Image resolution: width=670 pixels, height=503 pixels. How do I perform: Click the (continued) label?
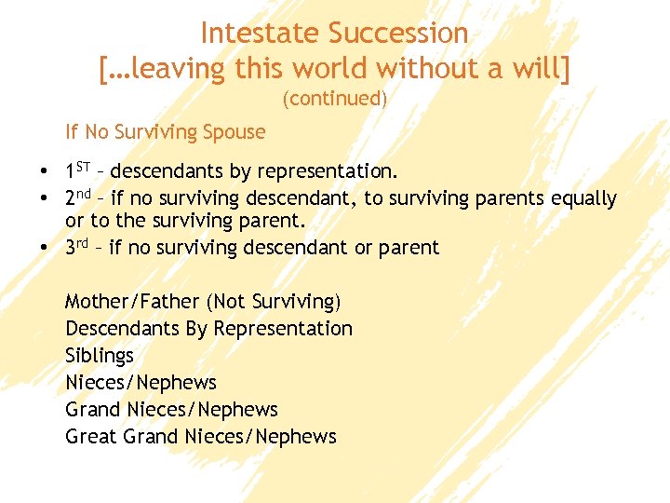(334, 99)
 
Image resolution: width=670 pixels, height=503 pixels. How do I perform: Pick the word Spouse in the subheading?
(235, 132)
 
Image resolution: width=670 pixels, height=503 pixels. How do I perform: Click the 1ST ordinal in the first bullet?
(78, 171)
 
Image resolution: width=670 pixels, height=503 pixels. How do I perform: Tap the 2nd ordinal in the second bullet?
(80, 198)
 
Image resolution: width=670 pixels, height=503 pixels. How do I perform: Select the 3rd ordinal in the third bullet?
(79, 248)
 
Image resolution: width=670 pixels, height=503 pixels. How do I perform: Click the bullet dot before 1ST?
(45, 172)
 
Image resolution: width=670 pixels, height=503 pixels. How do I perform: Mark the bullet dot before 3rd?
(45, 249)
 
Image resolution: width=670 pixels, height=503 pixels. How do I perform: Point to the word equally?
(583, 198)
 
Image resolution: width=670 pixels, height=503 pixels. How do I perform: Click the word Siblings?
(100, 356)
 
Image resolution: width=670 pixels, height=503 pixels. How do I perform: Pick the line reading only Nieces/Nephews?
(141, 383)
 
